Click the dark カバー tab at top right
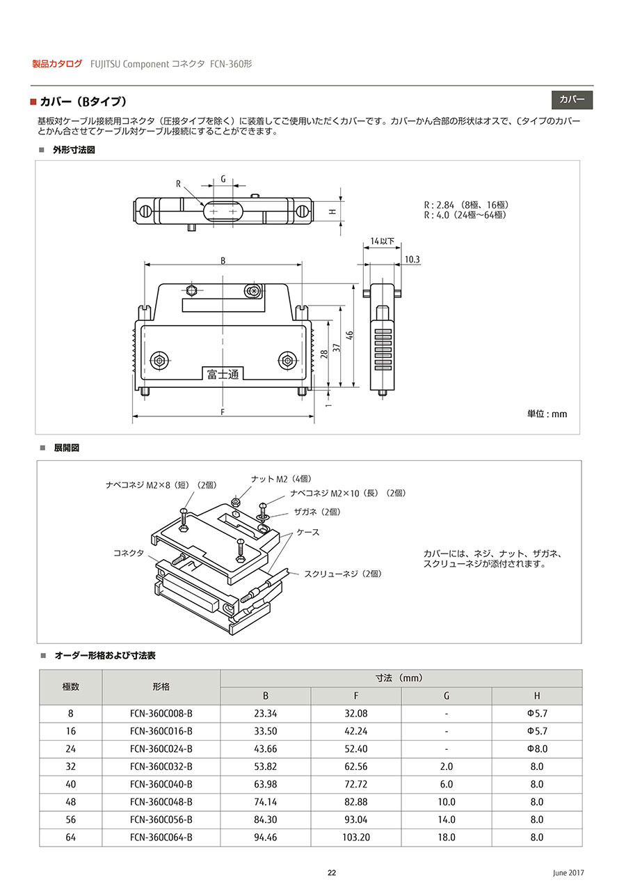click(572, 100)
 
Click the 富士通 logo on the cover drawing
click(223, 374)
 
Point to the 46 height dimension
click(349, 336)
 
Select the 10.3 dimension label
click(412, 260)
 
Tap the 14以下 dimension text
click(383, 241)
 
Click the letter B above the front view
click(223, 260)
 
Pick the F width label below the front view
click(223, 412)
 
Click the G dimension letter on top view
click(223, 179)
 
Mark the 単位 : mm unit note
click(547, 414)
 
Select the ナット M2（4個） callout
click(281, 479)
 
